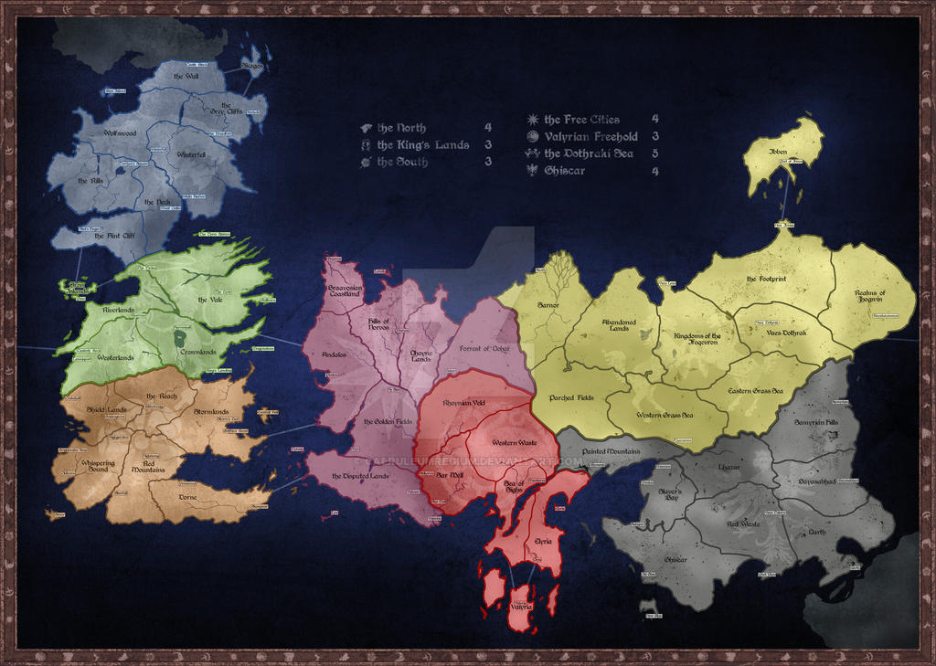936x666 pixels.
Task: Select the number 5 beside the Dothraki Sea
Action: click(655, 153)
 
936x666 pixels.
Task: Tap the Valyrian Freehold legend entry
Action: click(602, 136)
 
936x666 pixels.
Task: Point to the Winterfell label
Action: click(191, 154)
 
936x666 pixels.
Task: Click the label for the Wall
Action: click(186, 76)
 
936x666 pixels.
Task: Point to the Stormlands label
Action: click(211, 412)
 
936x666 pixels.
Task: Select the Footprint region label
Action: click(765, 279)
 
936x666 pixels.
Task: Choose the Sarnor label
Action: click(548, 305)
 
